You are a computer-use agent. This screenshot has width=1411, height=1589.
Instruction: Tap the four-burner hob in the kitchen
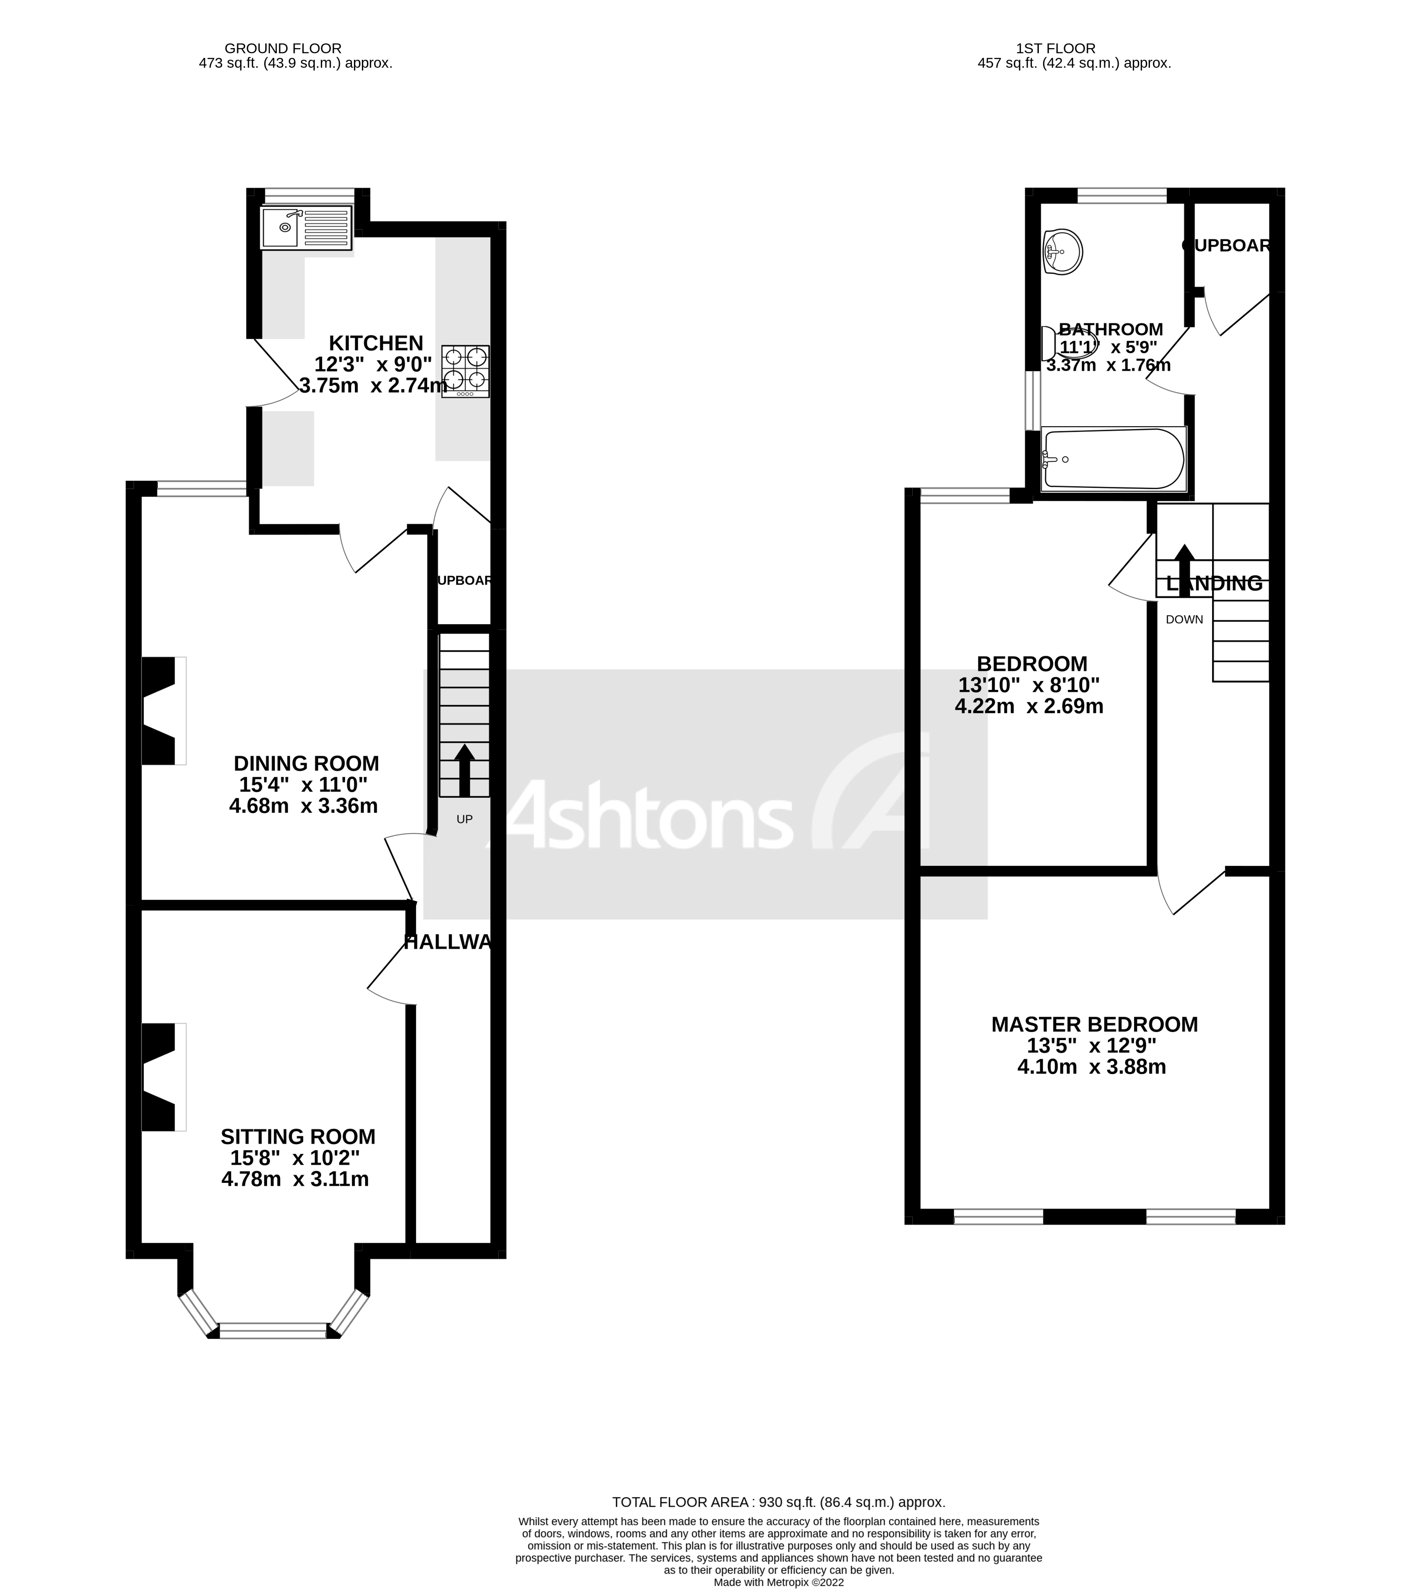(x=466, y=371)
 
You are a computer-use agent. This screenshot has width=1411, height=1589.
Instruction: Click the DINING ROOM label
(x=306, y=763)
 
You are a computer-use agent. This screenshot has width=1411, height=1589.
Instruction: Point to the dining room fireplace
(x=163, y=710)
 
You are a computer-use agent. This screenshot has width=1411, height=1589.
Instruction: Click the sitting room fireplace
(x=163, y=1077)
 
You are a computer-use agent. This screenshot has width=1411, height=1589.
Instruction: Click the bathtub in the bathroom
(x=1113, y=459)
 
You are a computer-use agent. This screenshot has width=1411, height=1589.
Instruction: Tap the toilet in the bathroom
(x=1068, y=343)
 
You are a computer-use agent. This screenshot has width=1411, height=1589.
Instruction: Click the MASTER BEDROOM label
(x=1094, y=1025)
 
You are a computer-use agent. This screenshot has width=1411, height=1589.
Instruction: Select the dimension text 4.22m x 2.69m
(x=1029, y=706)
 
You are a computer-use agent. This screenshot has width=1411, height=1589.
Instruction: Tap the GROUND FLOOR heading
(x=283, y=48)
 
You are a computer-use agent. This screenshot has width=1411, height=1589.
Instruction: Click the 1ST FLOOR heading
(x=1055, y=48)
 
